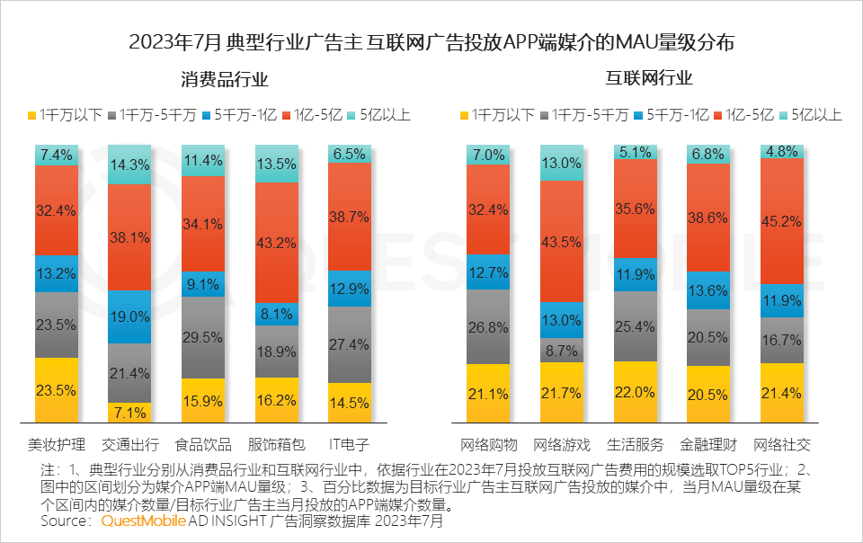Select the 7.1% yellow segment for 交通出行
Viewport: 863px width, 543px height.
[x=129, y=413]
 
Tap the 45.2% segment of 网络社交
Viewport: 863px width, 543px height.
[x=782, y=221]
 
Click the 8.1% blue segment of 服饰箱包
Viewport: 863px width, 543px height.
[x=276, y=316]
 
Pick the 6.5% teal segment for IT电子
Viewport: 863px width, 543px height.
[x=349, y=154]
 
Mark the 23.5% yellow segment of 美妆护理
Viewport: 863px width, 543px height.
[x=57, y=390]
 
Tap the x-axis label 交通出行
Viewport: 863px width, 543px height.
[x=129, y=444]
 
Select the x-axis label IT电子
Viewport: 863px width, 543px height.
[x=349, y=444]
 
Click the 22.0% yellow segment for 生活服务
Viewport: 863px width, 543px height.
[x=636, y=392]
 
